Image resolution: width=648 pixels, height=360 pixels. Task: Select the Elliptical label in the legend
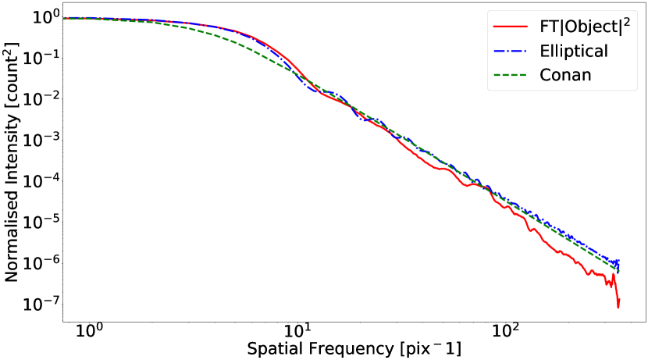coord(573,52)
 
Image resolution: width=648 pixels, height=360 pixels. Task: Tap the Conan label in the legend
coord(565,76)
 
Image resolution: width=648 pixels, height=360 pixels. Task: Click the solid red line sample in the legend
coord(511,27)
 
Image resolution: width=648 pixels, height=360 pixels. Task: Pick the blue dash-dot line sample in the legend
coord(511,52)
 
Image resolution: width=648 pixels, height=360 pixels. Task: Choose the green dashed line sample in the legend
coord(511,76)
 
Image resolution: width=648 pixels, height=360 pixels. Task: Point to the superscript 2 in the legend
coord(626,21)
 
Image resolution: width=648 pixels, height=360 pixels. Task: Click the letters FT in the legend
coord(547,27)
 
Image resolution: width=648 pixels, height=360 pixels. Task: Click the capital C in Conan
coord(545,76)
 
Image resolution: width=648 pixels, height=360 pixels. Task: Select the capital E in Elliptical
coord(544,52)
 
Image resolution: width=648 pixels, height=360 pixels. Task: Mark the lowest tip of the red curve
coord(618,308)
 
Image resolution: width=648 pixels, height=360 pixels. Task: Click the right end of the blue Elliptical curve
coord(619,261)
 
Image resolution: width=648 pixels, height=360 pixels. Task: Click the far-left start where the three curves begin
coord(64,18)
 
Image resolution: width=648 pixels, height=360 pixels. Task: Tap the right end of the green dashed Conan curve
coord(619,270)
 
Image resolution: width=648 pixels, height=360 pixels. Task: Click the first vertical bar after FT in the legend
coord(559,27)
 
